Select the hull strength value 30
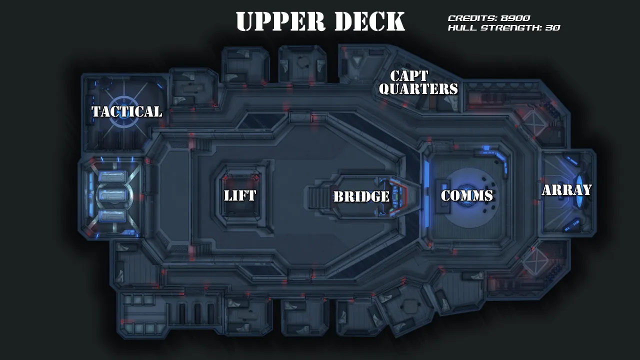coord(552,28)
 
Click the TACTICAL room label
coord(126,111)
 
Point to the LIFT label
coord(240,195)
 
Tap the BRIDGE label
coord(361,196)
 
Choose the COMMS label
coord(467,195)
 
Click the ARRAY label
coord(566,190)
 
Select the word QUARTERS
coord(418,89)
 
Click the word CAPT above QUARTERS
coord(409,76)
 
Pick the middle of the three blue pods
coord(111,195)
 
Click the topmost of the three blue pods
coord(111,176)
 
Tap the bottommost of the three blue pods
coord(111,215)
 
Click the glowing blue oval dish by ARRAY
coord(580,190)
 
